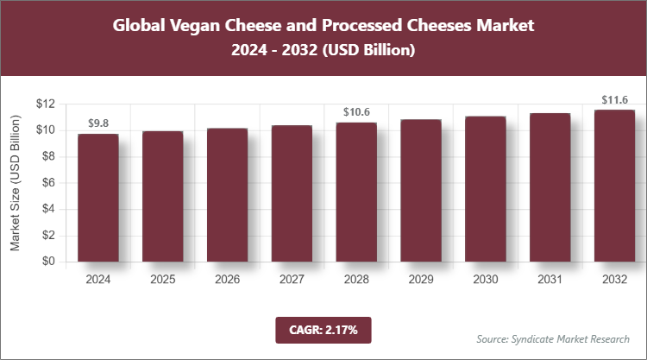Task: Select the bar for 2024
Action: coord(98,198)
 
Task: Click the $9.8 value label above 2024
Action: coord(98,123)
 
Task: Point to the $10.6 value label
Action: coord(356,112)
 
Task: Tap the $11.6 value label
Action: coord(614,99)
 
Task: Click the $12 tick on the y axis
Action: coord(46,104)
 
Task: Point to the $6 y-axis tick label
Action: coord(48,183)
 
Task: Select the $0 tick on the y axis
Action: coord(48,262)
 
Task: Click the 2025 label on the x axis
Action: coord(163,280)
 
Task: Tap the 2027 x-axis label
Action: coord(292,280)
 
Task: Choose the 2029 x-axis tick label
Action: coord(421,280)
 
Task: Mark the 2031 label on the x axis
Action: coord(550,280)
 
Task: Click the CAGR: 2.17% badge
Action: coord(323,330)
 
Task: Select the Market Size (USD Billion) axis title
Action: coord(15,182)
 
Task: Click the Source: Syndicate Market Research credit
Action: coord(552,338)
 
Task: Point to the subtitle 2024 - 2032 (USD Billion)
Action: coord(323,51)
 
